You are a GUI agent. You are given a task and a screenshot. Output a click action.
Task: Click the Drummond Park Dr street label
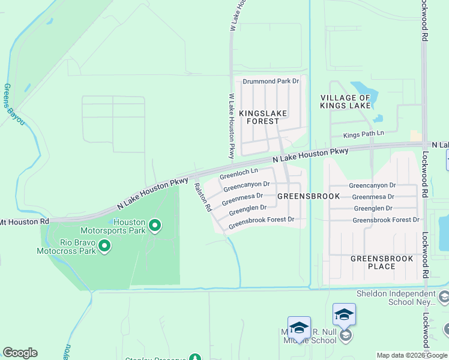coord(270,81)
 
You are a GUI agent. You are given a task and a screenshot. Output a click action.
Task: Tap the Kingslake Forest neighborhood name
coord(263,117)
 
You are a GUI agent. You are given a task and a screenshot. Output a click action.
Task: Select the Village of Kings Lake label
coord(345,101)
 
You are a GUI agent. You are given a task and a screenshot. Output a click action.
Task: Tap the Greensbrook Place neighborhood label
coord(381,262)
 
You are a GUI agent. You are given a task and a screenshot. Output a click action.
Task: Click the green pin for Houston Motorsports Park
coord(155,226)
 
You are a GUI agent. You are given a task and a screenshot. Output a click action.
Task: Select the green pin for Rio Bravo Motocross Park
coord(104,246)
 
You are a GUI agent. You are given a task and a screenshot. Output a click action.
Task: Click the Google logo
coord(20,353)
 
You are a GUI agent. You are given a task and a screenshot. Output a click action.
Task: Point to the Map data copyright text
coord(412,355)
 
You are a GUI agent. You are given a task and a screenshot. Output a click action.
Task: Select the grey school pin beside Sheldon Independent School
coord(444,296)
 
